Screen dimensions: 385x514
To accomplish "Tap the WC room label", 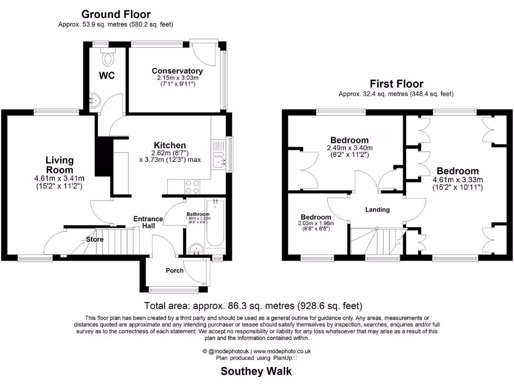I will [107, 76].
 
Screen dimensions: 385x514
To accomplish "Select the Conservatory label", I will [177, 71].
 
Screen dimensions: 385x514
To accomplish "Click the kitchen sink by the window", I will [218, 161].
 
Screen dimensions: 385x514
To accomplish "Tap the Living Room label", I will [60, 165].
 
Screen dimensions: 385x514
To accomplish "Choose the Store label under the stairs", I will [94, 239].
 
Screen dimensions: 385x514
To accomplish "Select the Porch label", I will [175, 271].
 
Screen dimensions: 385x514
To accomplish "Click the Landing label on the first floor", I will [377, 210].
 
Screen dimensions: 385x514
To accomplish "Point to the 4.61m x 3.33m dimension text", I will [457, 180].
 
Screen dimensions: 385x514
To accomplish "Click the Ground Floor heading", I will [115, 15].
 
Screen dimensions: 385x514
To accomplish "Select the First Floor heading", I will [396, 84].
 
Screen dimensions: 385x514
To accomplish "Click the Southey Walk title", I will [256, 371].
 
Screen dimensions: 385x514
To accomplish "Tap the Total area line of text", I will [253, 305].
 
